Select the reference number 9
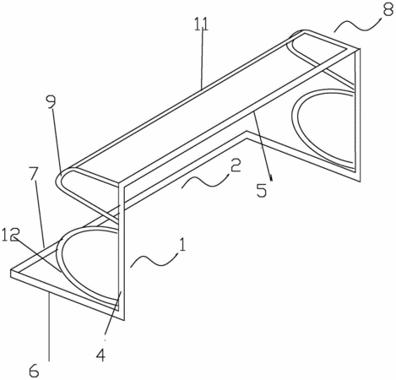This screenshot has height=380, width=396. (52, 104)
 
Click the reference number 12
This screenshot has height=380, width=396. (9, 235)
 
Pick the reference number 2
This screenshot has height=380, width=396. (236, 166)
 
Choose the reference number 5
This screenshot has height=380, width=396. (262, 191)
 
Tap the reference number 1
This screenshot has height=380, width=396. (182, 245)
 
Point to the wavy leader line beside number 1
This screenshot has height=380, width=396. (155, 260)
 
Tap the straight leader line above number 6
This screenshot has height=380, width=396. (49, 327)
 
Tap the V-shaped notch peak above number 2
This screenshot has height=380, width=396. (247, 131)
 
